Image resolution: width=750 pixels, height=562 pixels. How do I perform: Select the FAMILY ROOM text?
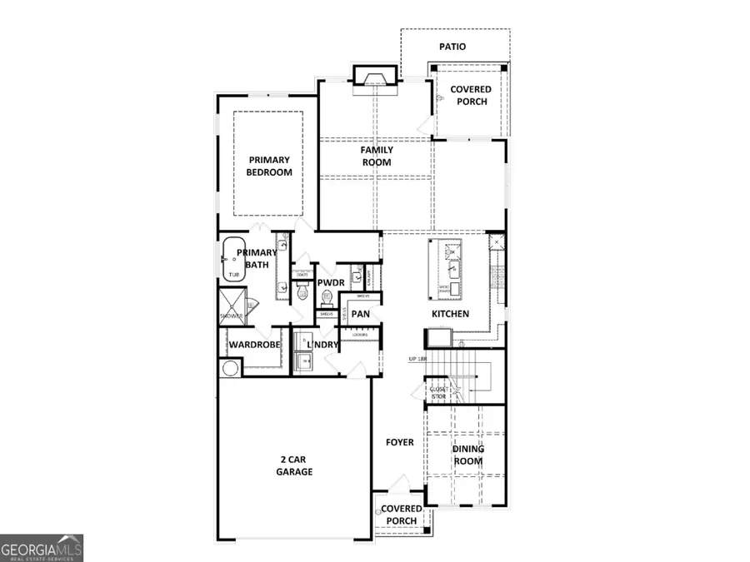tap(377, 157)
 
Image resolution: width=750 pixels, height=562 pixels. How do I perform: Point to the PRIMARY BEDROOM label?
tap(268, 166)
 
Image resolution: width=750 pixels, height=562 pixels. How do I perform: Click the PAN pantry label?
tap(361, 314)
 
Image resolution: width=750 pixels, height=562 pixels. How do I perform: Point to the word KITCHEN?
tap(450, 314)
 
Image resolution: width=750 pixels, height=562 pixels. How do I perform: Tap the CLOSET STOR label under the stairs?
tap(438, 392)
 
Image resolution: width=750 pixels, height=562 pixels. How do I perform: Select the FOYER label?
tap(399, 442)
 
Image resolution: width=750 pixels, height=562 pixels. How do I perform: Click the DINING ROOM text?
tap(467, 455)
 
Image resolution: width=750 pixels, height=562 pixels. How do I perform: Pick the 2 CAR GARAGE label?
tap(294, 465)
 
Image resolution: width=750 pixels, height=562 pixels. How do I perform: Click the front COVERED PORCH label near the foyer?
tap(401, 515)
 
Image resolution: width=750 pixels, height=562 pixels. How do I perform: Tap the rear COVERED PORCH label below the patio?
tap(470, 95)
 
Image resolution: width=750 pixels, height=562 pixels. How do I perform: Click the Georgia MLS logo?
tap(42, 549)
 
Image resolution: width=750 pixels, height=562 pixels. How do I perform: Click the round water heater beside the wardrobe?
tap(229, 367)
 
